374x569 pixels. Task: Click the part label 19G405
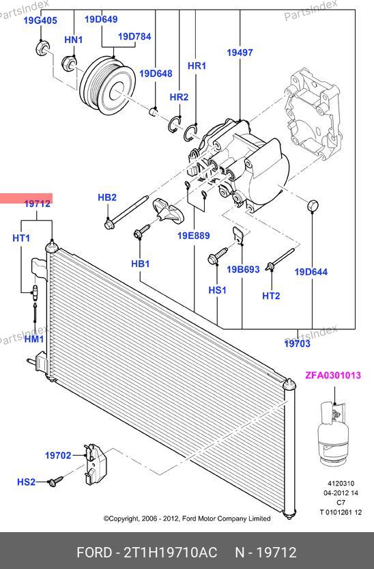coord(40,20)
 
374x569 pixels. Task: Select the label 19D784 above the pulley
coord(134,36)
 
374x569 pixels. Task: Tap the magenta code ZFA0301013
coord(333,375)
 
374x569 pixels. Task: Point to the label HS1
coord(218,290)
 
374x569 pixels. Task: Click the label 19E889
coord(194,236)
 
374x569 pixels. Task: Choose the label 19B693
coord(243,269)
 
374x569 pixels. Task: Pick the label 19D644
coord(311,272)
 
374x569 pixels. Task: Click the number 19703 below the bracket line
coord(298,344)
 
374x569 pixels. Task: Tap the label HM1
coord(34,339)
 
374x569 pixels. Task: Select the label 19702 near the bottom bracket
coord(58,455)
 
